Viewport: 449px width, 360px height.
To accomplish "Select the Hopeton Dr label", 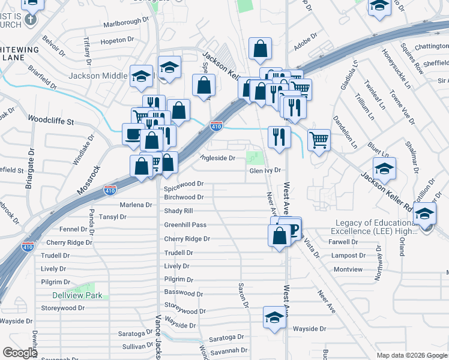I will click(113, 40).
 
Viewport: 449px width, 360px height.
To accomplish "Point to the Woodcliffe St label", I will click(50, 121).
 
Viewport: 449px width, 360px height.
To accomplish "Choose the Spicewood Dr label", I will click(184, 184).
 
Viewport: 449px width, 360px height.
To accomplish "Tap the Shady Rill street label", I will click(178, 211).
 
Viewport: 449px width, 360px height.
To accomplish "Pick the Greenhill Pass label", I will click(185, 225).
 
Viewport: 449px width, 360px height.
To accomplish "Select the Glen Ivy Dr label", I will click(265, 170).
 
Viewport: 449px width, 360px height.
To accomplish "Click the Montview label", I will click(348, 269).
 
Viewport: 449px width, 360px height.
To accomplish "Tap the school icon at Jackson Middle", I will click(141, 76).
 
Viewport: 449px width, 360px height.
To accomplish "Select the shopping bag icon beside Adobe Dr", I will click(260, 50).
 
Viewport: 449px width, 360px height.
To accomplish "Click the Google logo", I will click(20, 353).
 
